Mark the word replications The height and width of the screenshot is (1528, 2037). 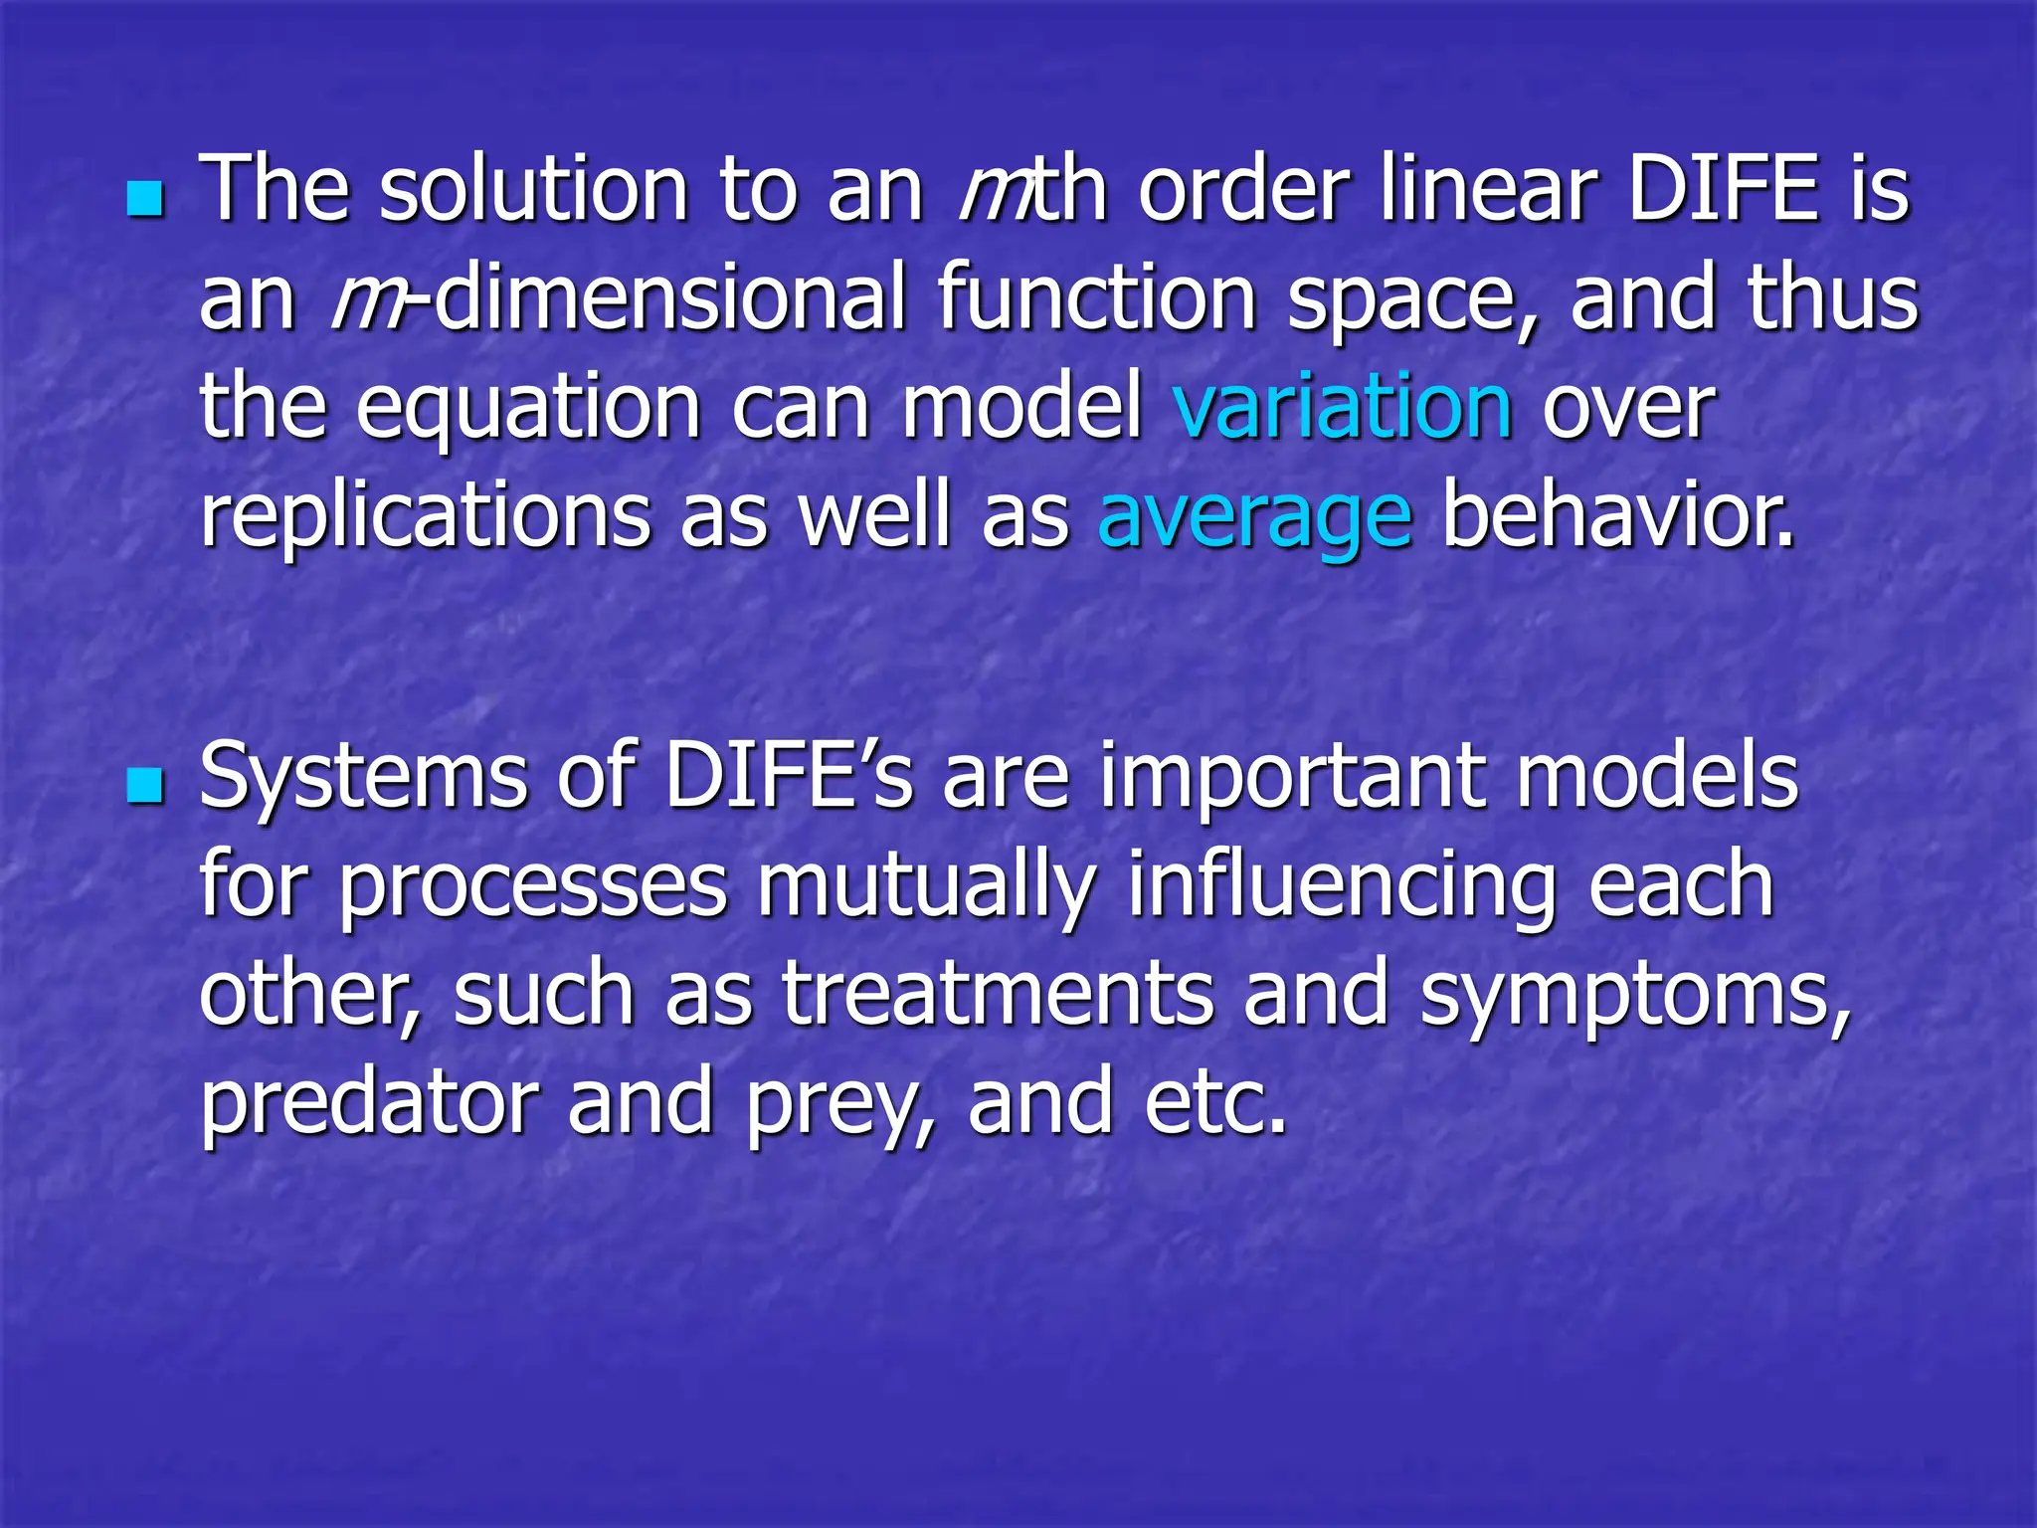(426, 517)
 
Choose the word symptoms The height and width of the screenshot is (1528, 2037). (1635, 995)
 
